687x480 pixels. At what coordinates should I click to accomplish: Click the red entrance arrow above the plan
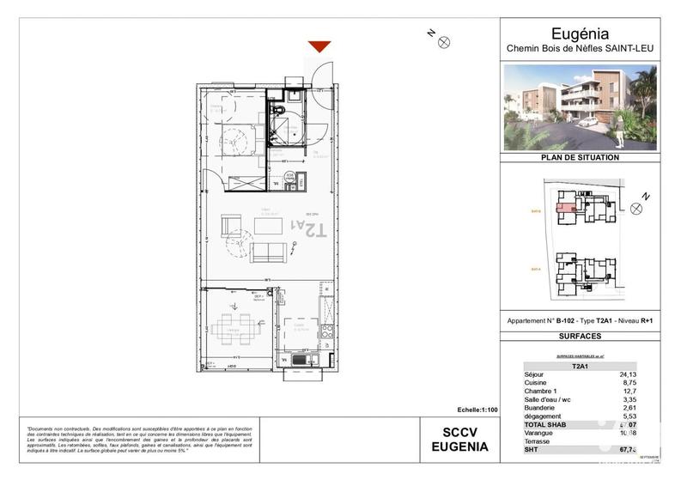319,47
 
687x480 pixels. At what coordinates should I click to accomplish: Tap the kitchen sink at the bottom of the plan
299,360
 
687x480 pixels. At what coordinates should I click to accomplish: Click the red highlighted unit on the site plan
564,206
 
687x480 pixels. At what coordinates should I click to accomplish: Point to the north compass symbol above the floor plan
443,40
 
